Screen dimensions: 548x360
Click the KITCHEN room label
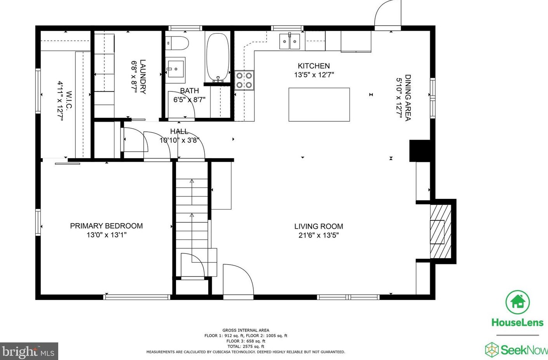tap(314, 66)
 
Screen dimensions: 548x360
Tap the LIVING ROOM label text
tap(318, 226)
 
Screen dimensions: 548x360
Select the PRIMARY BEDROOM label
tap(106, 226)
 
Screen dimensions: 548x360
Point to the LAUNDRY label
tap(143, 77)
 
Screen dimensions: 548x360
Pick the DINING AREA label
tap(408, 98)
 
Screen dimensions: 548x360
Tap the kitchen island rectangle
tap(319, 105)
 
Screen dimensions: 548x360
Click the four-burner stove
tap(244, 80)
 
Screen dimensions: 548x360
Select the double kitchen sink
tap(290, 41)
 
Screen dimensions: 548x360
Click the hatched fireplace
tap(441, 231)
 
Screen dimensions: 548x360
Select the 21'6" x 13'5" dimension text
tap(318, 235)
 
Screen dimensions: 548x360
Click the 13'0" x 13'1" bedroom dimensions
tap(106, 235)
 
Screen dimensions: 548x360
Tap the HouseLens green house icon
tap(517, 302)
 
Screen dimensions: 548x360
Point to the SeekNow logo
tap(516, 350)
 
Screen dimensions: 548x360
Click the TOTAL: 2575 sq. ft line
tap(246, 346)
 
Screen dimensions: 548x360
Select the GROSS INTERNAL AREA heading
tap(245, 330)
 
